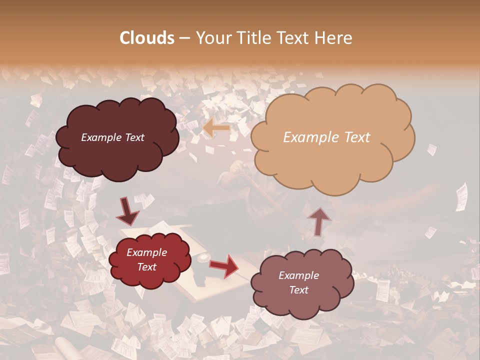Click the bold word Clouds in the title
click(x=147, y=38)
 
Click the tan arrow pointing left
click(x=216, y=128)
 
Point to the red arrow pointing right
click(x=224, y=265)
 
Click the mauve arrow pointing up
click(x=319, y=221)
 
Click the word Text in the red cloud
click(x=147, y=267)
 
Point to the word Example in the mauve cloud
click(x=298, y=275)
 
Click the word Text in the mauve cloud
click(x=298, y=290)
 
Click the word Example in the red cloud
click(x=147, y=252)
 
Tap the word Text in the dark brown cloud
click(x=134, y=137)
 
